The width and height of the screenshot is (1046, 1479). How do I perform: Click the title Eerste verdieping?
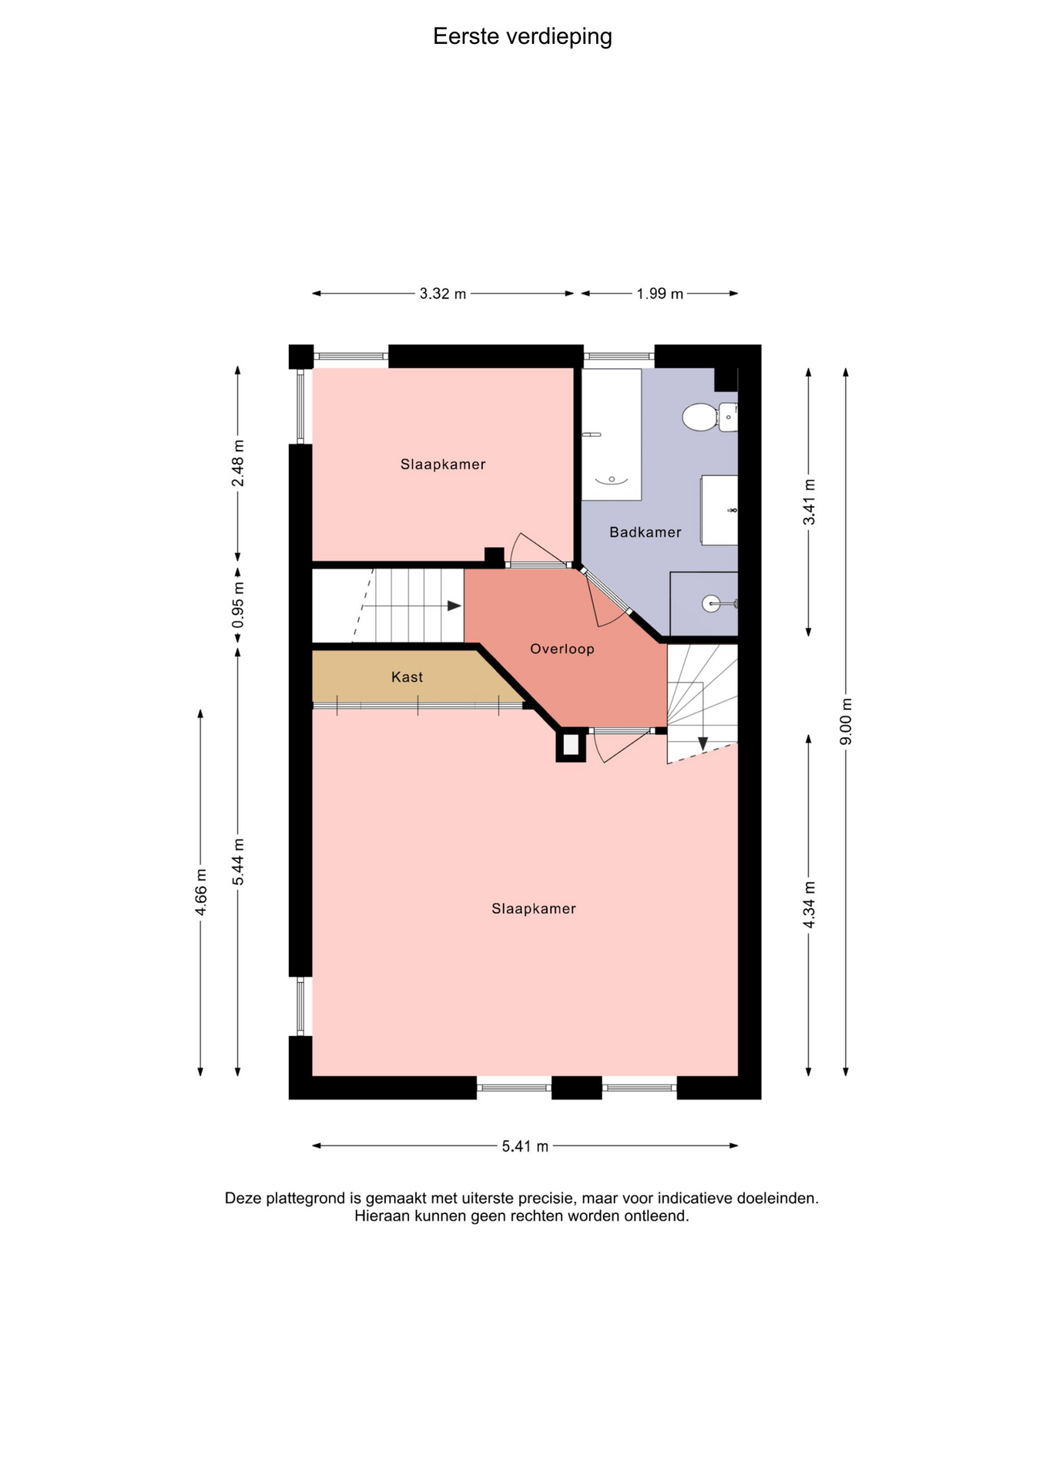[x=522, y=37]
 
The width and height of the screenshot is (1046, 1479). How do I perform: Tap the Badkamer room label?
[x=645, y=532]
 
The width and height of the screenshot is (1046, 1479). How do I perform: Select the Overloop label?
[x=562, y=649]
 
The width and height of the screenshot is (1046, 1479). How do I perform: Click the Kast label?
[x=407, y=677]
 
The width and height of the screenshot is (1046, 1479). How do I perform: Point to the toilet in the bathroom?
[x=709, y=417]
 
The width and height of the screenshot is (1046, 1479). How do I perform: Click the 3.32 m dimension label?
[x=443, y=293]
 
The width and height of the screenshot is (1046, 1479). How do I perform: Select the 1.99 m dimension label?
[x=660, y=293]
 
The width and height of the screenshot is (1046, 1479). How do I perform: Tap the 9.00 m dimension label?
[x=846, y=721]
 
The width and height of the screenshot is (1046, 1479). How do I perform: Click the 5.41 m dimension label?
[x=525, y=1146]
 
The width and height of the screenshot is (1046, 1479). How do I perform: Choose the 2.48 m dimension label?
[x=238, y=463]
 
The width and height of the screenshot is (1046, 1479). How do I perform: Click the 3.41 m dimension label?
[x=809, y=502]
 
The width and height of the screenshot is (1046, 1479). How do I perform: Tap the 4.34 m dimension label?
[x=809, y=904]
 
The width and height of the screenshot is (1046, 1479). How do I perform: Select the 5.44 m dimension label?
[x=238, y=862]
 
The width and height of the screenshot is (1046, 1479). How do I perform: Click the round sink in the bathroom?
[x=712, y=603]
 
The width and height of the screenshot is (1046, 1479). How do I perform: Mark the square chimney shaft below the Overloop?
[x=571, y=746]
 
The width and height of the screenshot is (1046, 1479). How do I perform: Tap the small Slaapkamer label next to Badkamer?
[x=443, y=464]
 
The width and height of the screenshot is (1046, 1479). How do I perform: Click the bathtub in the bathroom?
[x=612, y=434]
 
